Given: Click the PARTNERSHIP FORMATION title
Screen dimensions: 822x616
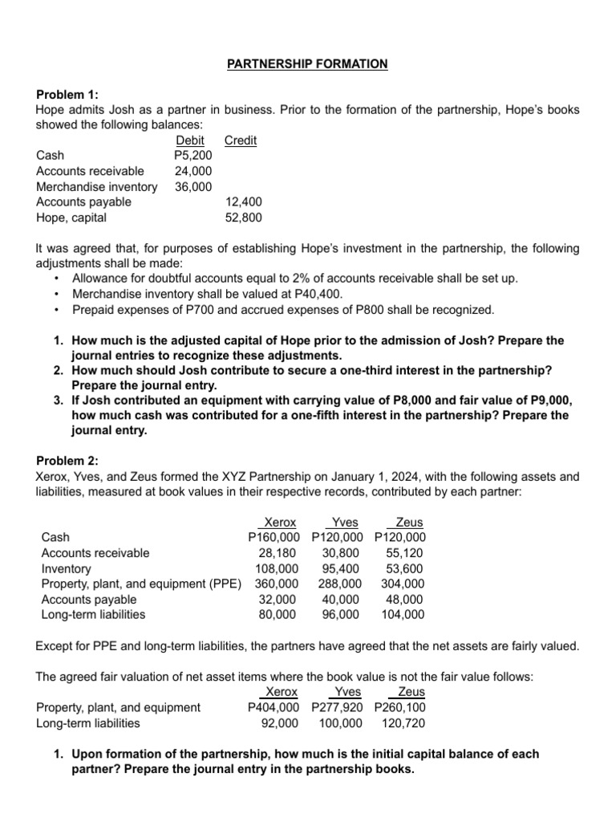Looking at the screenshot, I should click(x=307, y=63).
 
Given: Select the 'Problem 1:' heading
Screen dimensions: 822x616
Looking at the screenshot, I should click(x=67, y=95).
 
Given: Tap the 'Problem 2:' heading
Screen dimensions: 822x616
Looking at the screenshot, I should click(x=67, y=461).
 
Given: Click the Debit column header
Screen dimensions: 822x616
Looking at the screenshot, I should click(x=190, y=140).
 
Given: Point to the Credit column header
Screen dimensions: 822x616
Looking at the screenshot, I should click(x=241, y=140).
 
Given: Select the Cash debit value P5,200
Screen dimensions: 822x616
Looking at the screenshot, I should click(x=192, y=156).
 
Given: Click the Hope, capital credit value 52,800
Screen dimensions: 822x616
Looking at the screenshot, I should click(x=243, y=218).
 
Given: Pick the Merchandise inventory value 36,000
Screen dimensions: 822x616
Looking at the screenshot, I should click(x=193, y=187).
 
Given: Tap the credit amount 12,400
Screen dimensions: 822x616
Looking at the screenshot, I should click(x=243, y=202).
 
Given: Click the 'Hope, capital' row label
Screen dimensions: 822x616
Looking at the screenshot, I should click(x=71, y=218).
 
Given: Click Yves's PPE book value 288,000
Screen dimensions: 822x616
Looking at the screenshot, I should click(x=339, y=584).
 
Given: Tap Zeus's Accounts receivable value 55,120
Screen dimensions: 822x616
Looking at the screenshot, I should click(x=405, y=553).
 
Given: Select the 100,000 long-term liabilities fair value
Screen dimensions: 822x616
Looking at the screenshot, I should click(x=340, y=722).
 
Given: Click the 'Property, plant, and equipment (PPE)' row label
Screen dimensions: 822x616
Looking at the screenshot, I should click(x=141, y=584).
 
